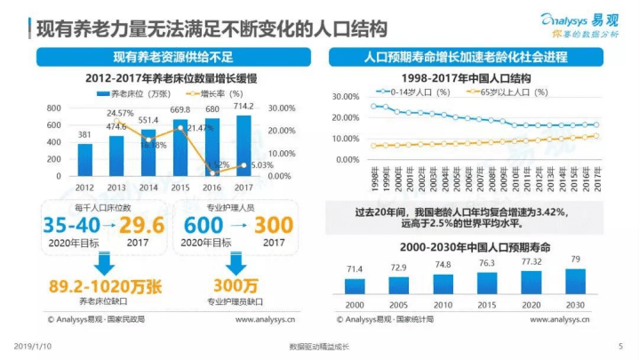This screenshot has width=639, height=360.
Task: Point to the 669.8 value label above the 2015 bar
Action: (x=180, y=110)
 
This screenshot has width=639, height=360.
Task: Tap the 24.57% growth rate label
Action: (x=121, y=113)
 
